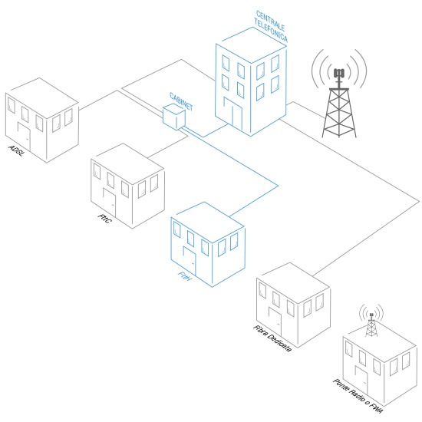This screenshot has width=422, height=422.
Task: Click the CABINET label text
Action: [181, 102]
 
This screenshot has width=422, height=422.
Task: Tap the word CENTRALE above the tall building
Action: [270, 21]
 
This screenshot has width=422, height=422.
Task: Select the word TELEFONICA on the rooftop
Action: [271, 31]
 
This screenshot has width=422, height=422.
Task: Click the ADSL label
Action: [16, 150]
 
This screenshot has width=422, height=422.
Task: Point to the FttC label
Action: [104, 218]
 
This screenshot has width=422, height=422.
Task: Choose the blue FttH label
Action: [185, 276]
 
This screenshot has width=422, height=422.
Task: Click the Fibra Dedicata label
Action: [272, 338]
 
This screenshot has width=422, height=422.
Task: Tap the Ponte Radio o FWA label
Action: [358, 396]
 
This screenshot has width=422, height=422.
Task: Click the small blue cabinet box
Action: [174, 117]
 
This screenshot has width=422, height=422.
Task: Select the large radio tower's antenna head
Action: [339, 73]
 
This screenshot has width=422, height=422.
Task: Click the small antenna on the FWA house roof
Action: [371, 324]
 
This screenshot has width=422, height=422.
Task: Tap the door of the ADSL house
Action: [25, 137]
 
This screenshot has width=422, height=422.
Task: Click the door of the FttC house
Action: [110, 203]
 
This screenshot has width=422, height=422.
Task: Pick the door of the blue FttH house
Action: [190, 261]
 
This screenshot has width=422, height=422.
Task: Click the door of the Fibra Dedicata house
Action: [275, 322]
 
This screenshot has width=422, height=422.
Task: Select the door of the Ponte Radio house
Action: [361, 381]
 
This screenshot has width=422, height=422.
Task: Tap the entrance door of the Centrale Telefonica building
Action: [233, 114]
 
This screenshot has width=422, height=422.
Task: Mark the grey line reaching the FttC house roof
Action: [167, 147]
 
